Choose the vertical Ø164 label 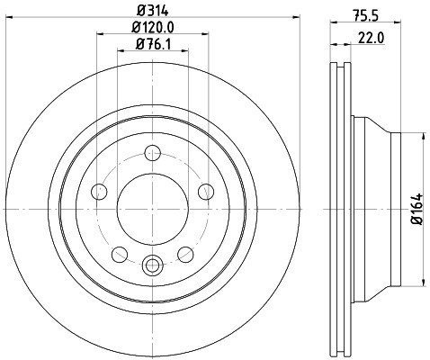coord(416,209)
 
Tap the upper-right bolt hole coord(205,190)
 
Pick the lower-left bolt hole coord(118,253)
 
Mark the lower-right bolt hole coord(184,253)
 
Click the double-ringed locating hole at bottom coord(151,265)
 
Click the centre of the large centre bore coord(151,208)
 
